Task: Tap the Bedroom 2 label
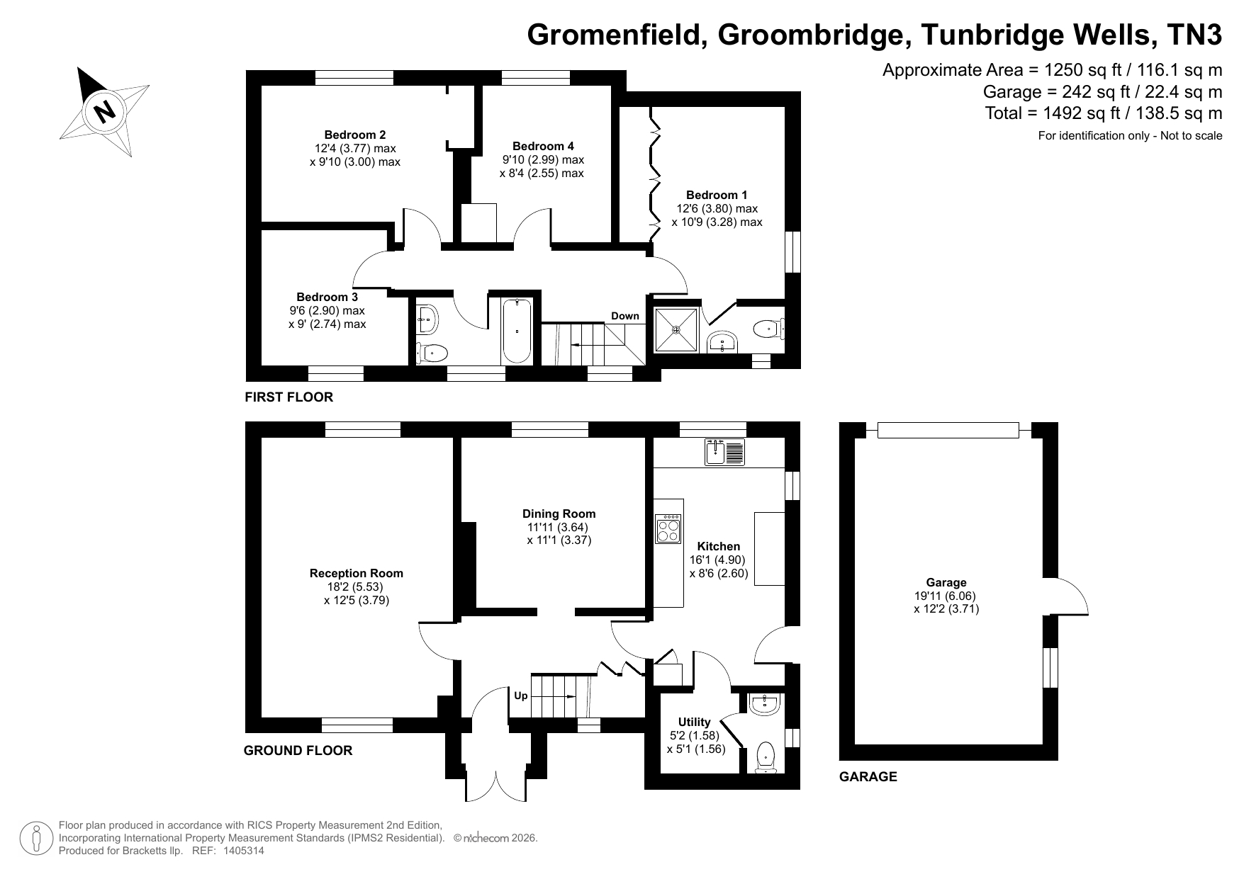tap(355, 135)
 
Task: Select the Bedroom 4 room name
tap(543, 146)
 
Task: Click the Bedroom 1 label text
tap(717, 195)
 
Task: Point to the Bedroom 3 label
tap(327, 297)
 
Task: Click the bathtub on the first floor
tap(517, 331)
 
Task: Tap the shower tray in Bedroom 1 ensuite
tap(676, 329)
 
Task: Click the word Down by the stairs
tap(625, 316)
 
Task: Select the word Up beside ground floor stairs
tap(521, 696)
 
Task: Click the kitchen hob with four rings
tap(668, 529)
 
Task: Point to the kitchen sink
tap(724, 452)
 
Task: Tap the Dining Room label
tap(559, 514)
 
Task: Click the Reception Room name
tap(357, 573)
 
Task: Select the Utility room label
tap(695, 722)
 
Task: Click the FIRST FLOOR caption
tap(288, 397)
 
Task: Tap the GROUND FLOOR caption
tap(298, 751)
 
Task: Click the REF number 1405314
tap(244, 851)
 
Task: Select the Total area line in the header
tap(1104, 113)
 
